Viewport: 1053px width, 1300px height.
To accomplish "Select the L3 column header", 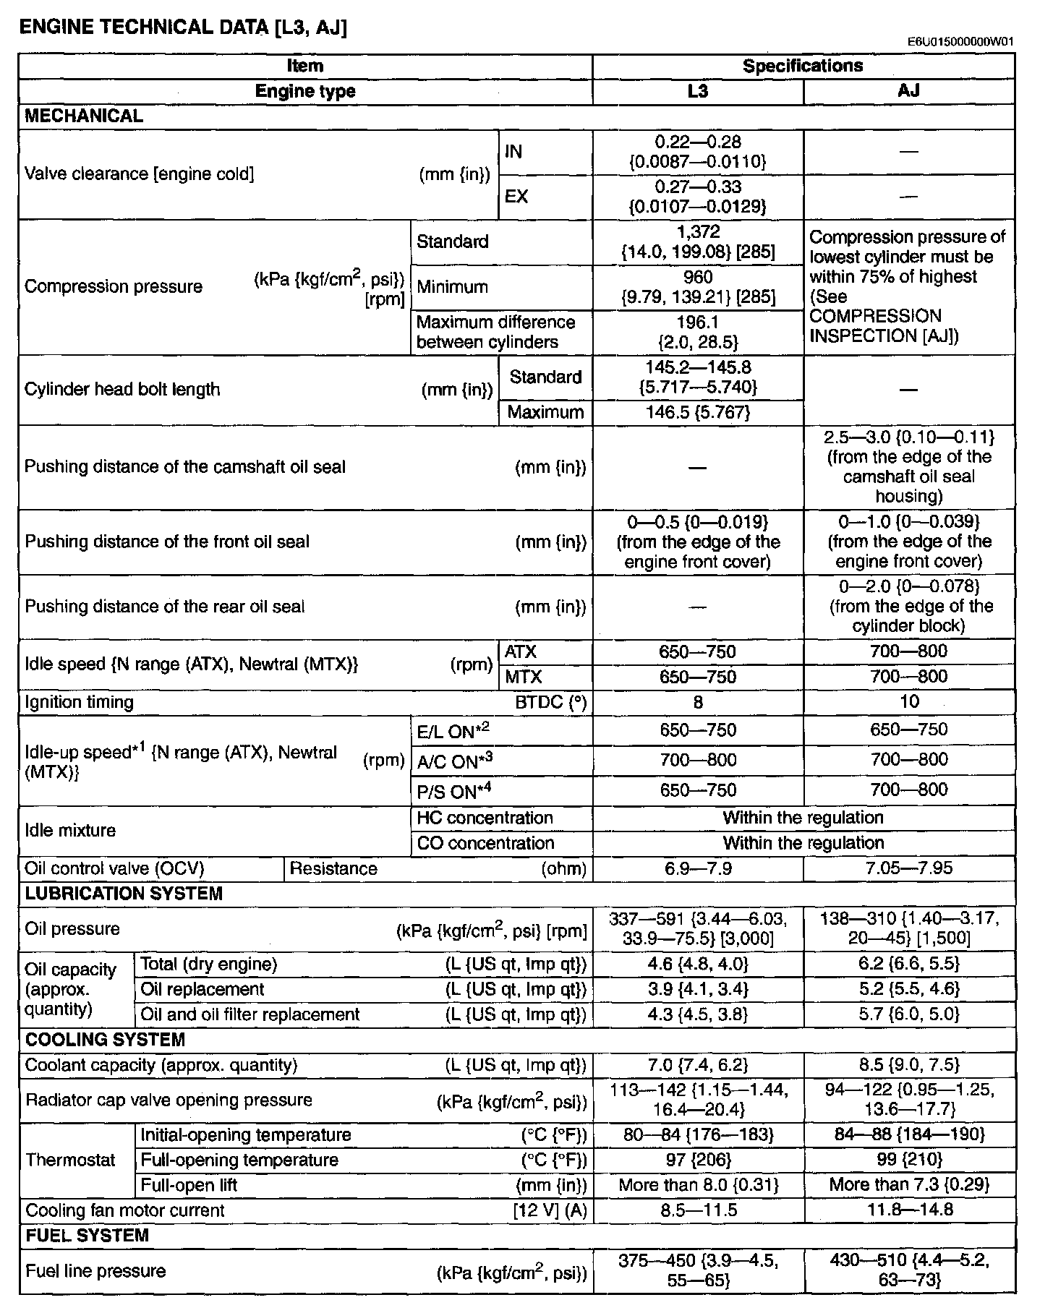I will pyautogui.click(x=697, y=91).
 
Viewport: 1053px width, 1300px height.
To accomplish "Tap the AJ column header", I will pyautogui.click(x=908, y=91).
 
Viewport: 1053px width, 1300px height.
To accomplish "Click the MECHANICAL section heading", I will pyautogui.click(x=84, y=116).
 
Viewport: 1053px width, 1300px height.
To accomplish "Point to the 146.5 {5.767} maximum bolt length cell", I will pyautogui.click(x=697, y=413).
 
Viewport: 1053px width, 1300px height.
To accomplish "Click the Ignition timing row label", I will pyautogui.click(x=80, y=702).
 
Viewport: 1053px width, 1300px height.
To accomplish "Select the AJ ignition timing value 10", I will pyautogui.click(x=909, y=701).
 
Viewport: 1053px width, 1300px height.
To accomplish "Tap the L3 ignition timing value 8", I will pyautogui.click(x=697, y=702).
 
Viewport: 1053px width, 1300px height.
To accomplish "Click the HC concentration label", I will pyautogui.click(x=485, y=818).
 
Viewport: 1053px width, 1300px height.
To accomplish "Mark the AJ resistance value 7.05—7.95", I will pyautogui.click(x=908, y=868).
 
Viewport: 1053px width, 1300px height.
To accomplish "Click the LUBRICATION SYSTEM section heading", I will pyautogui.click(x=124, y=894).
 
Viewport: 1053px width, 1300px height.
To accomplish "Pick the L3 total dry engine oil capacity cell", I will pyautogui.click(x=697, y=964).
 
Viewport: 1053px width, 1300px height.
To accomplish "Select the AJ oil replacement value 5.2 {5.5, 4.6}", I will pyautogui.click(x=908, y=989).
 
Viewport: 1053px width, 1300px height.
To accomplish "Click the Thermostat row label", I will pyautogui.click(x=70, y=1160).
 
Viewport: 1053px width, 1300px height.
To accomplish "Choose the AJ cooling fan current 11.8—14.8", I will pyautogui.click(x=908, y=1210).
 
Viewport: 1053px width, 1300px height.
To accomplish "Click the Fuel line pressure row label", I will pyautogui.click(x=95, y=1271).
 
